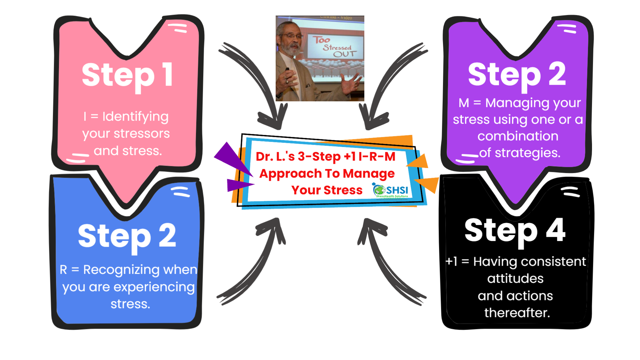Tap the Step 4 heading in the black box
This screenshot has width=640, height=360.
tap(515, 232)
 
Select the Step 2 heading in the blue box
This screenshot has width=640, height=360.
tap(127, 237)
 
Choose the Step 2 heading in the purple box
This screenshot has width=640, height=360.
tap(517, 76)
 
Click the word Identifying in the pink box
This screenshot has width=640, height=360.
tap(135, 117)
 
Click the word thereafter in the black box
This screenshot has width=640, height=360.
tap(517, 313)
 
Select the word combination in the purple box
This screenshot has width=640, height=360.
tap(518, 136)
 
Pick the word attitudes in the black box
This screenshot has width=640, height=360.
tap(515, 278)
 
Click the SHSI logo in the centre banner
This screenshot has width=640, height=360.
tap(391, 190)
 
